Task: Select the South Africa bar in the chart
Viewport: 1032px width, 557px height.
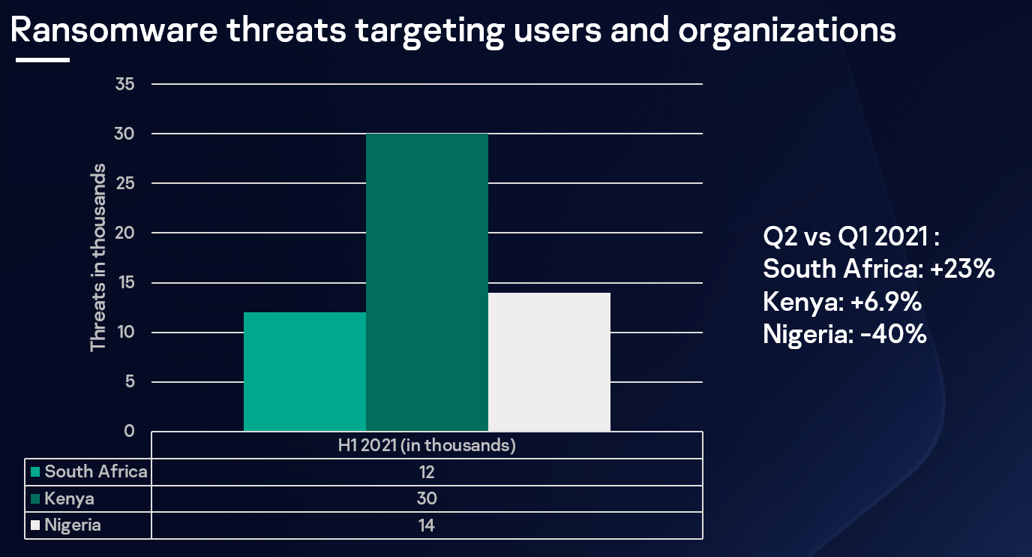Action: click(x=304, y=372)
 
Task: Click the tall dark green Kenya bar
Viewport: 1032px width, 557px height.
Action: click(x=427, y=282)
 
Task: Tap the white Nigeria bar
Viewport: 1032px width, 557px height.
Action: click(x=549, y=362)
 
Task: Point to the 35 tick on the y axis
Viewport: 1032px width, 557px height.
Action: click(x=125, y=84)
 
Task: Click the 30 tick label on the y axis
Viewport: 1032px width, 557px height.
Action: click(x=125, y=134)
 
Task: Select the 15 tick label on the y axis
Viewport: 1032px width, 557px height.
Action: click(x=125, y=283)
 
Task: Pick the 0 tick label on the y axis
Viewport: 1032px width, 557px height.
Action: click(x=129, y=432)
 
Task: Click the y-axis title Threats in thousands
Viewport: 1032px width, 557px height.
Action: click(x=98, y=257)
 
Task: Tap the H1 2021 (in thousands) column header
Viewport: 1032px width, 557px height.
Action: click(x=427, y=445)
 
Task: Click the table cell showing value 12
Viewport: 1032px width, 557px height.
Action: click(x=427, y=472)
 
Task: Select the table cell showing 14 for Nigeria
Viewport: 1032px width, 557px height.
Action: click(x=427, y=525)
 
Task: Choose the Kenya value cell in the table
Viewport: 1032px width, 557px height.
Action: click(x=427, y=499)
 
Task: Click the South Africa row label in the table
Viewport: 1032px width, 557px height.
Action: click(x=96, y=472)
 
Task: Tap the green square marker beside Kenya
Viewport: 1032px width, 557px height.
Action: click(x=35, y=499)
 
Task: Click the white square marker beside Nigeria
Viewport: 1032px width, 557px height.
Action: click(x=35, y=525)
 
